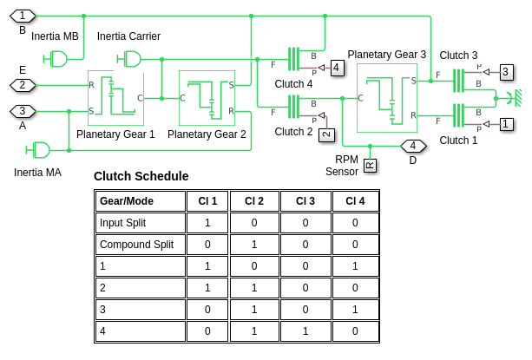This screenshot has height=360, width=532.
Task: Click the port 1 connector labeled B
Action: click(x=23, y=16)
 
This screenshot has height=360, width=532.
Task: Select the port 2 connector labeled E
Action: click(x=23, y=85)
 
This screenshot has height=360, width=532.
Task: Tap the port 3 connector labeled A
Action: click(x=23, y=111)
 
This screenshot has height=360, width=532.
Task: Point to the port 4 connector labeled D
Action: click(x=413, y=146)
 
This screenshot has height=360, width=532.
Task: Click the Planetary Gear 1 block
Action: click(x=115, y=98)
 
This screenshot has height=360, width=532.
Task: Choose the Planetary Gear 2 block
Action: click(x=207, y=98)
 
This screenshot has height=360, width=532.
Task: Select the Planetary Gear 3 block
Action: click(x=391, y=103)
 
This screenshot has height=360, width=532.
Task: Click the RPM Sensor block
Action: click(x=370, y=165)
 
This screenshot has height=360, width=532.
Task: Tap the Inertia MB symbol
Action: click(x=57, y=58)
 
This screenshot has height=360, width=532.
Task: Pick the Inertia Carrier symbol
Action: click(x=131, y=58)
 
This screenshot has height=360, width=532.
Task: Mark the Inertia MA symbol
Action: click(x=39, y=150)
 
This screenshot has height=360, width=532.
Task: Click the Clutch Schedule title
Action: click(x=141, y=176)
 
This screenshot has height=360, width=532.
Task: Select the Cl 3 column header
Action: click(x=305, y=200)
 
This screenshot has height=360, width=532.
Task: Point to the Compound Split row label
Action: click(x=136, y=244)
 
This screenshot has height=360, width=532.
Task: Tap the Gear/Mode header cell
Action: click(x=125, y=200)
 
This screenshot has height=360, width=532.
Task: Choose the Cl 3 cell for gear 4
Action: click(x=305, y=331)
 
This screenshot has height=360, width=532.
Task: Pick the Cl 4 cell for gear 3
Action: click(x=355, y=309)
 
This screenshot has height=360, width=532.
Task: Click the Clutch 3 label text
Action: click(x=458, y=56)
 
